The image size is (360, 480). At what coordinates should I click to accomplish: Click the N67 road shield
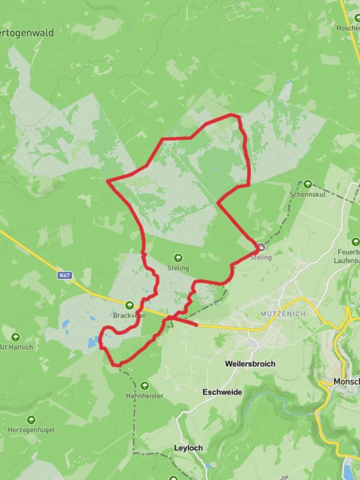click(64, 276)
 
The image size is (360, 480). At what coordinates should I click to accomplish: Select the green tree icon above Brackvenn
click(129, 305)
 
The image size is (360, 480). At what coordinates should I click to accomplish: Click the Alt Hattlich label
click(16, 347)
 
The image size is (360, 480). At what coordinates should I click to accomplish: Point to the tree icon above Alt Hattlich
click(16, 337)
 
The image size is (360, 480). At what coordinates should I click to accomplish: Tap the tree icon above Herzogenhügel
click(31, 420)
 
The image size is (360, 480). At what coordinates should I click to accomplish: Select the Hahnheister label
click(144, 396)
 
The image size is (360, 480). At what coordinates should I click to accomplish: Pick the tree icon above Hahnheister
click(144, 386)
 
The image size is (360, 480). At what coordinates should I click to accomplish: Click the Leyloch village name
click(188, 448)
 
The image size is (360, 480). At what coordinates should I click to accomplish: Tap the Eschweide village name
click(222, 392)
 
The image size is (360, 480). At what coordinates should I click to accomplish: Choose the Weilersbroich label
click(250, 364)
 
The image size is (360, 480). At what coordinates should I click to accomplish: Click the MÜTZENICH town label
click(283, 314)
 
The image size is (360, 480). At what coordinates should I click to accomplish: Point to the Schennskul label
click(308, 194)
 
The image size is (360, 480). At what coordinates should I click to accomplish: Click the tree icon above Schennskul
click(308, 184)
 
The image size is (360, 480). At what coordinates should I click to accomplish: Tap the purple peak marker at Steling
click(261, 247)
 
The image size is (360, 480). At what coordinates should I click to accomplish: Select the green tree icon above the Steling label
click(178, 258)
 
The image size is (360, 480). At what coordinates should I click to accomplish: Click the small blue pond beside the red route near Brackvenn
click(93, 343)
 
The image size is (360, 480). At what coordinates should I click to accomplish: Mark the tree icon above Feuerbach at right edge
click(355, 242)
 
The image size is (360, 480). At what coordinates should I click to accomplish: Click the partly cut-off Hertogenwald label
click(28, 32)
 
